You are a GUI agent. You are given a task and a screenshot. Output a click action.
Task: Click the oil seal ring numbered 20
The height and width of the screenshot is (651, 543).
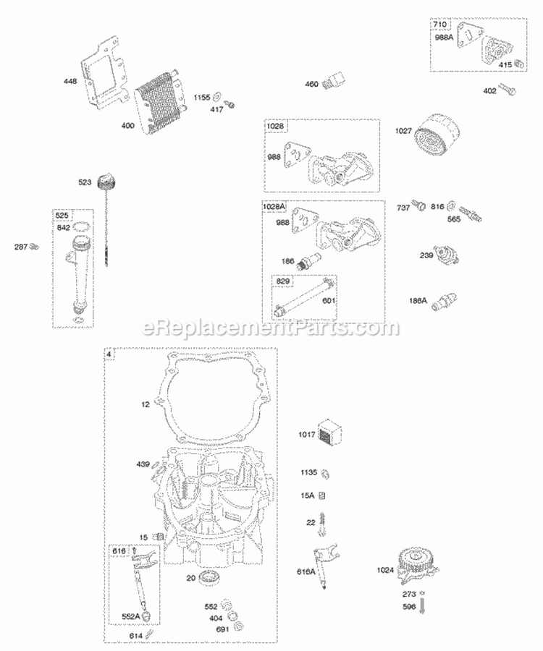[x=212, y=577]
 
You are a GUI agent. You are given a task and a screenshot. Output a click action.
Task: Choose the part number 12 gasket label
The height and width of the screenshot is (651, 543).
[x=145, y=404]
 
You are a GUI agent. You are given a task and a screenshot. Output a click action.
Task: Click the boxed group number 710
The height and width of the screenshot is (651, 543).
[x=440, y=25]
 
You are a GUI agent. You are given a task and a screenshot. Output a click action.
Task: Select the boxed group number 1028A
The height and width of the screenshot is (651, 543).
[x=274, y=208]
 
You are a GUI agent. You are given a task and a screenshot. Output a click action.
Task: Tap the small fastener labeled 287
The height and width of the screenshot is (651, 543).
[x=33, y=247]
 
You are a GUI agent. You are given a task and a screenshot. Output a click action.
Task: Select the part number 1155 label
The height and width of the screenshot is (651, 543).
[x=201, y=96]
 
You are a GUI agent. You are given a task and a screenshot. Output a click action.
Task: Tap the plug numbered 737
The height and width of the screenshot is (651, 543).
[x=418, y=208]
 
